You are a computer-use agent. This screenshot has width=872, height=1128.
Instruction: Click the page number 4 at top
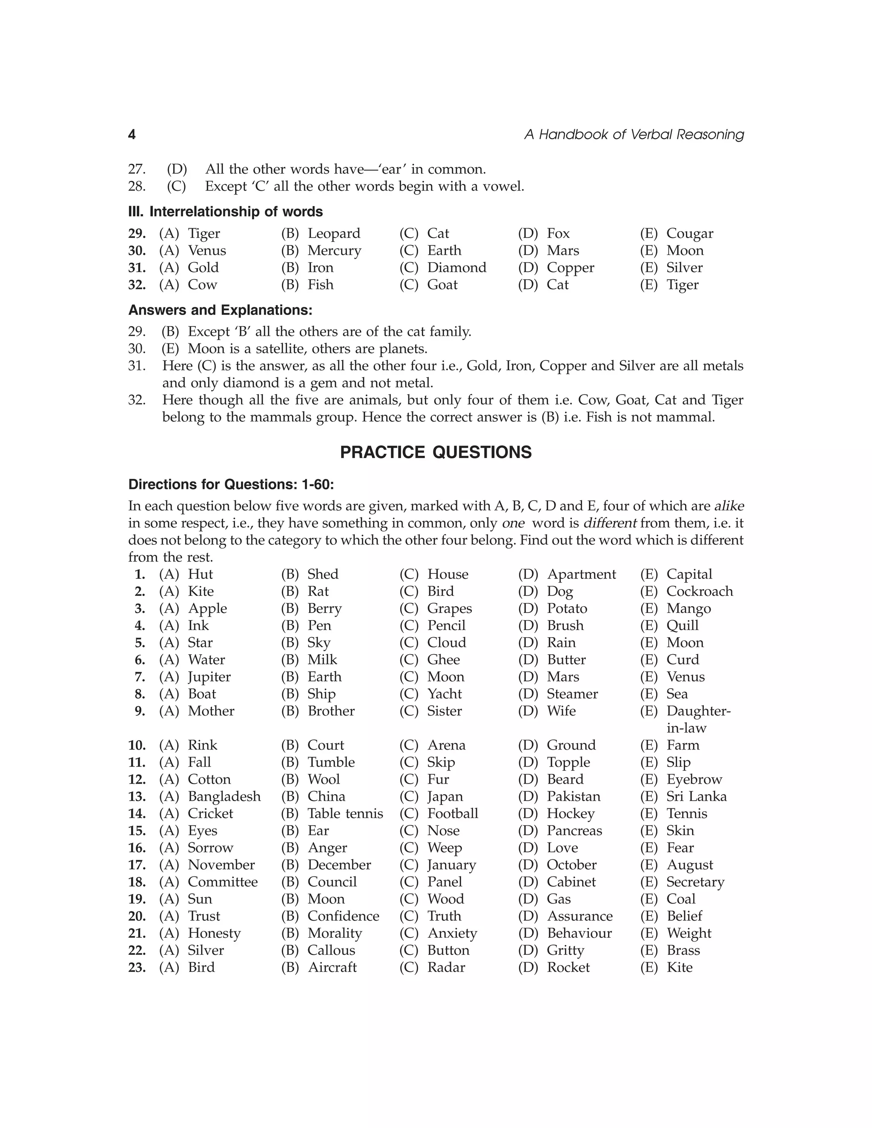click(132, 135)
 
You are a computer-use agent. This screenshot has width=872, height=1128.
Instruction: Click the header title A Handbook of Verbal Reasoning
click(634, 135)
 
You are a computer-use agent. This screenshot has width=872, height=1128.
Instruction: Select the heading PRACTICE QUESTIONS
click(436, 452)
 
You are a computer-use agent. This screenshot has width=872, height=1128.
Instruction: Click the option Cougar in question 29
click(690, 233)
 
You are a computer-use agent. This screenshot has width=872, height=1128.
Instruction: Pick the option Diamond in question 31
click(457, 268)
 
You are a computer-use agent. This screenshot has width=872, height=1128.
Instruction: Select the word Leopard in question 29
click(334, 233)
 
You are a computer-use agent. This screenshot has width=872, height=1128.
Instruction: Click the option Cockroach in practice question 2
click(700, 591)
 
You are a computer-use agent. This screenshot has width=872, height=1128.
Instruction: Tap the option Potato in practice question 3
click(567, 608)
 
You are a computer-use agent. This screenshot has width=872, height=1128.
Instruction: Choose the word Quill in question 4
click(683, 625)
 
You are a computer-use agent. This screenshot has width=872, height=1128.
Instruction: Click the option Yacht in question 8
click(444, 694)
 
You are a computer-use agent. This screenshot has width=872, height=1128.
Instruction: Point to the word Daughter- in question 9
click(698, 711)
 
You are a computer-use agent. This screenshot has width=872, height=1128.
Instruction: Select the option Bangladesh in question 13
click(224, 796)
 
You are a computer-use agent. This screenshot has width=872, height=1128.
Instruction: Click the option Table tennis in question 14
click(345, 813)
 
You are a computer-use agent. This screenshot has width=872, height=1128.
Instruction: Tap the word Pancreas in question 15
click(574, 830)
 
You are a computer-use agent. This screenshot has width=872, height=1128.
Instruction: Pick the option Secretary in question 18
click(695, 882)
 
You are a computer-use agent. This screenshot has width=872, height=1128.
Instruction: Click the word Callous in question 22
click(331, 950)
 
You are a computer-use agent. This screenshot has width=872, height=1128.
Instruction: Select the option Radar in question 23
click(446, 968)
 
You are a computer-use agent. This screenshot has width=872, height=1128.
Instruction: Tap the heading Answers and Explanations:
click(220, 310)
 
